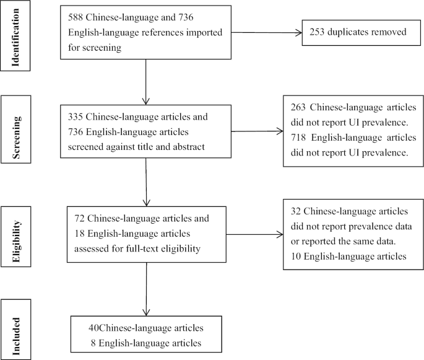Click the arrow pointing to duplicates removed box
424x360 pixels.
[260, 33]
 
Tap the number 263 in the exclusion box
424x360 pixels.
[300, 105]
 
